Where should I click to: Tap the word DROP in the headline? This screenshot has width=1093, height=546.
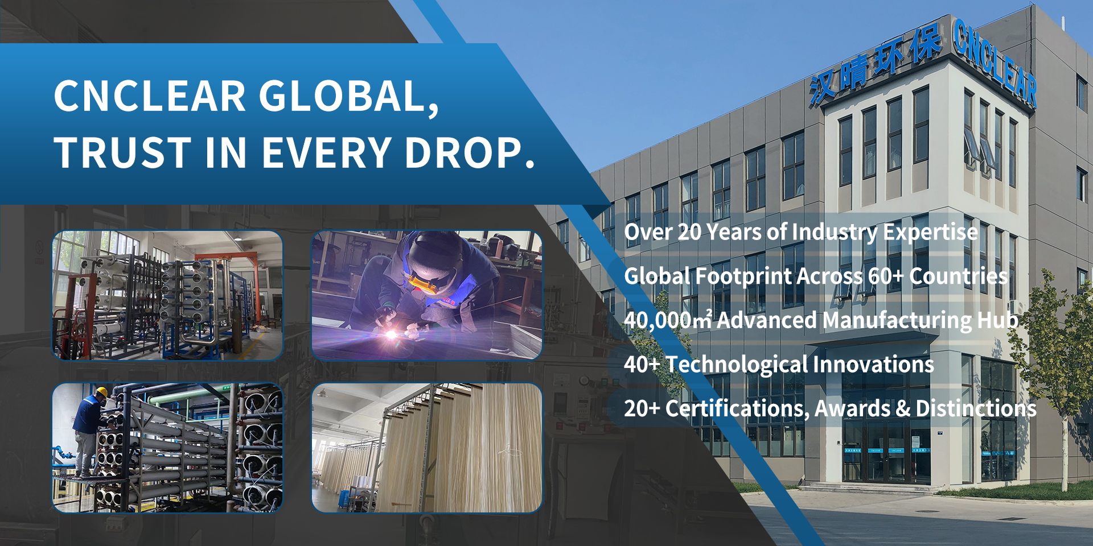pyautogui.click(x=470, y=152)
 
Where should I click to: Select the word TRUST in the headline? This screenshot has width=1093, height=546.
pyautogui.click(x=123, y=152)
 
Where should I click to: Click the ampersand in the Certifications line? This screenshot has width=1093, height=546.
pyautogui.click(x=903, y=408)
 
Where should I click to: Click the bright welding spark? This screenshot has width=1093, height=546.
pyautogui.click(x=391, y=334)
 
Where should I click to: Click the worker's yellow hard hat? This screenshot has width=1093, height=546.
pyautogui.click(x=101, y=392)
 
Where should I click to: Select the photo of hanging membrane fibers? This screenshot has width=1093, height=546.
pyautogui.click(x=427, y=448)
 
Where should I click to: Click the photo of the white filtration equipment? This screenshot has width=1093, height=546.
pyautogui.click(x=167, y=295)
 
